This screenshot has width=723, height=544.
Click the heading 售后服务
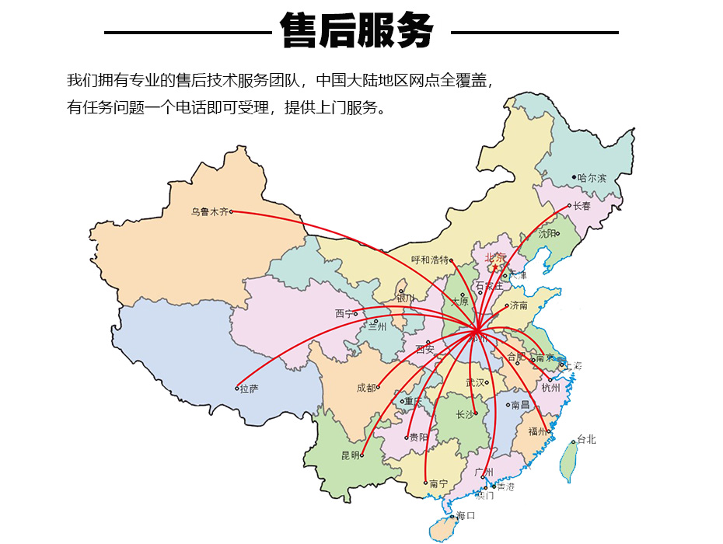357,32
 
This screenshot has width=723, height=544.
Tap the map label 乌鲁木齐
210,211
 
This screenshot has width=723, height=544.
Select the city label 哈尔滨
592,178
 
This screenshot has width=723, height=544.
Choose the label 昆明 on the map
351,455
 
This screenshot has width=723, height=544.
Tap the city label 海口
466,515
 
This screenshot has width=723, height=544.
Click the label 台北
586,440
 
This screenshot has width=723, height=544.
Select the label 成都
366,387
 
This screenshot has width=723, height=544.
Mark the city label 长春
582,206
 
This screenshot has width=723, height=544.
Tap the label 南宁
438,483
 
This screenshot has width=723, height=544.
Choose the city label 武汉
475,382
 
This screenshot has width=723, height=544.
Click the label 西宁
344,314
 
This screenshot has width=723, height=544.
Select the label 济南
519,305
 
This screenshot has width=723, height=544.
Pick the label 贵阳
418,437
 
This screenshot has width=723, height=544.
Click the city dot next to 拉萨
237,388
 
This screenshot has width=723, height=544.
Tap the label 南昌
520,405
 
